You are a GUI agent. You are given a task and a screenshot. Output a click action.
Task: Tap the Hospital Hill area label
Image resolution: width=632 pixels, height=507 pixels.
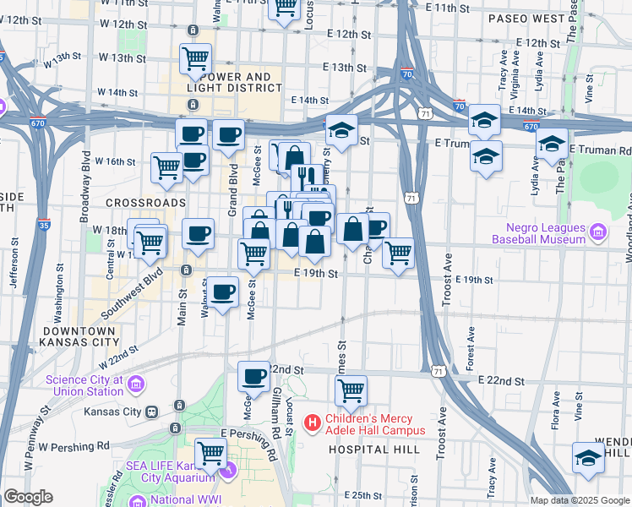point(373,449)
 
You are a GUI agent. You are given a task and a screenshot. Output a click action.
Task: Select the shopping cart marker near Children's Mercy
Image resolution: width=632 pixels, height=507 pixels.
point(351,391)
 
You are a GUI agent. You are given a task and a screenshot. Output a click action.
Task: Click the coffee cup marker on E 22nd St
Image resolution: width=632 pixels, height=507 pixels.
point(253,377)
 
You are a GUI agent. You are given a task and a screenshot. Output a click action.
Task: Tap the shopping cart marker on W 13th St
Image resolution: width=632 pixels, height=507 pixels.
point(195,59)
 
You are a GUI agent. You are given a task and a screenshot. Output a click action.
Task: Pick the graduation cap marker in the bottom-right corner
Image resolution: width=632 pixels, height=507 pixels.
point(588,457)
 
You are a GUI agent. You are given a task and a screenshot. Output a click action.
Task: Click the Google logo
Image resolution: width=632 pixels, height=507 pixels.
point(28,497)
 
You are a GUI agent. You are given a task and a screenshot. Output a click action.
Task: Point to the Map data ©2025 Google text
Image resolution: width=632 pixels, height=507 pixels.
point(579,500)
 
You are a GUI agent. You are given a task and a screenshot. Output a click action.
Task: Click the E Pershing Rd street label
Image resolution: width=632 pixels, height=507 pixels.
point(248,433)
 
